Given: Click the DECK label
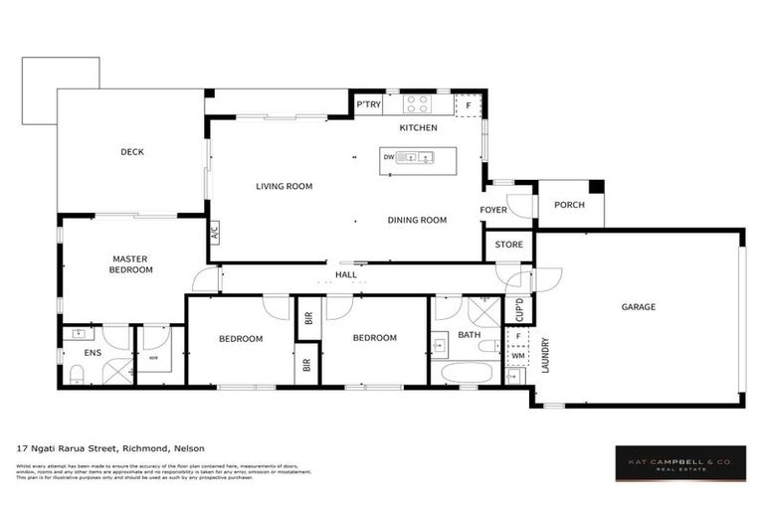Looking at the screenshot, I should coord(132,152).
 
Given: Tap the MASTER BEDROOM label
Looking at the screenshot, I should coord(131,263).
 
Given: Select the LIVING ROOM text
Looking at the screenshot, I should coord(284,186).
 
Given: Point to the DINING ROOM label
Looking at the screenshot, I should coord(416,220).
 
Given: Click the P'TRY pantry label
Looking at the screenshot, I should coord(367,104).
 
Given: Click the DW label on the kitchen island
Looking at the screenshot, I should coord(388,157).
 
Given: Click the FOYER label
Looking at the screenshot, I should coord(493,210).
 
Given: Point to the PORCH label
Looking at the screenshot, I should coord(570,206).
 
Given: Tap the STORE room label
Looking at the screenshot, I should coord(508,245).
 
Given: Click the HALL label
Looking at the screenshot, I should coord(345,274).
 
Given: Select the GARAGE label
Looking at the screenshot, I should coord(638,307).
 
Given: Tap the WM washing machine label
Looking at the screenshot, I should coord(516,355).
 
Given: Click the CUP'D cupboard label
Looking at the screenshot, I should coord(518,309).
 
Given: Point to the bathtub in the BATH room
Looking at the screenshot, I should coord(466,374).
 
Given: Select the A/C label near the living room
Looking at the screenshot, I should coord(214,235).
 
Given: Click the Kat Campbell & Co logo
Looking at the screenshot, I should coord(678,462).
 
